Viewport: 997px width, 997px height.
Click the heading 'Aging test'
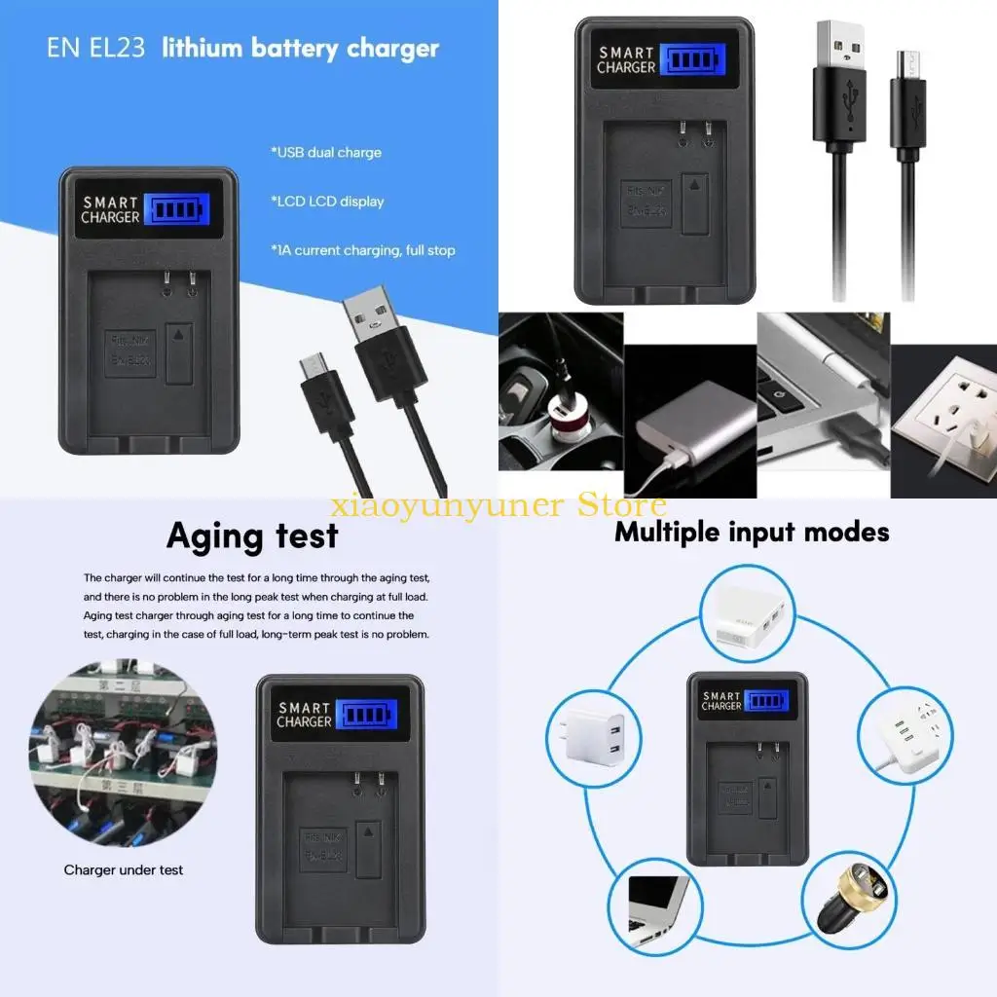pos(252,536)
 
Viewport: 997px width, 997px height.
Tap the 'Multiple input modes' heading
pos(752,533)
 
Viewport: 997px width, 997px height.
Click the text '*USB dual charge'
pos(326,153)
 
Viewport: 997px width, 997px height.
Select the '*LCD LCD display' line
pos(328,202)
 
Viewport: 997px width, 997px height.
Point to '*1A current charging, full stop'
pos(363,250)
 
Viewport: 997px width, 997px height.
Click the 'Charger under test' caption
pos(124,869)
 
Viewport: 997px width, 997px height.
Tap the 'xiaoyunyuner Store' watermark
pos(498,505)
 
